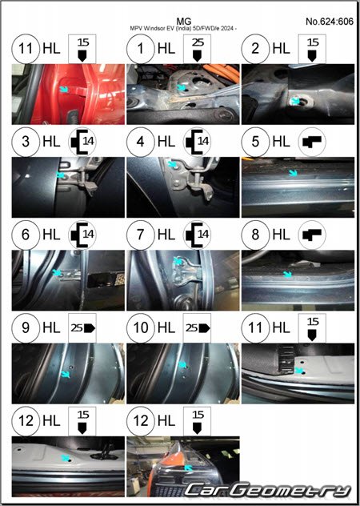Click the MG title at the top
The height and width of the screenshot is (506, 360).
(184, 22)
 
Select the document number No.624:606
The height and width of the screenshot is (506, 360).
(330, 22)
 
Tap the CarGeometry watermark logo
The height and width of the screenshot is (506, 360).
(267, 490)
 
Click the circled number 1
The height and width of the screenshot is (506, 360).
(140, 49)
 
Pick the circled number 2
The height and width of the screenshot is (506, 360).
(255, 49)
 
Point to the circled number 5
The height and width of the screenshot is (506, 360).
(255, 142)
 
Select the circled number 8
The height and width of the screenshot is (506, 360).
(255, 235)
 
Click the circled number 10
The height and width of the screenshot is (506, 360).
(140, 328)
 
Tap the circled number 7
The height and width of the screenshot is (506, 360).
(140, 235)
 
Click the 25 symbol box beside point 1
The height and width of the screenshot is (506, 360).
(197, 49)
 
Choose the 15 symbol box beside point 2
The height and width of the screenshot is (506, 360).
(312, 49)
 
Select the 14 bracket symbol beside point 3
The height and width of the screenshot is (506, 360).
(82, 142)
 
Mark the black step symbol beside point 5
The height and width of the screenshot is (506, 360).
(312, 142)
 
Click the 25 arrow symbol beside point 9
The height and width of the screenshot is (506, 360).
(82, 328)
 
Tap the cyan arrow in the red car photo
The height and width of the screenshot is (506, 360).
(64, 89)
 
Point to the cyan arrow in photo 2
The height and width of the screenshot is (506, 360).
(295, 101)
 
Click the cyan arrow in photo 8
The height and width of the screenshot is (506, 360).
(287, 275)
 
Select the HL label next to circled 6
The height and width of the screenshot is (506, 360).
(51, 235)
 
